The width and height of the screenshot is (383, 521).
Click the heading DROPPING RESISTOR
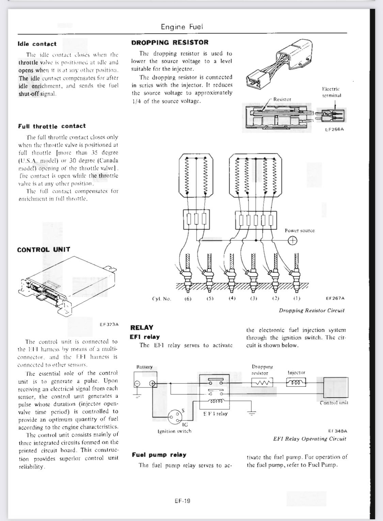pyautogui.click(x=170, y=43)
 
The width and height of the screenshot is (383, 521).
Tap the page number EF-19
pyautogui.click(x=181, y=501)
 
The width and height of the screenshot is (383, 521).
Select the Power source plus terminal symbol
pyautogui.click(x=292, y=241)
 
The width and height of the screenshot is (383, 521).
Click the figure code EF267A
pyautogui.click(x=335, y=298)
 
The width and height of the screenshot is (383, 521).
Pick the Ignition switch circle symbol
pyautogui.click(x=176, y=417)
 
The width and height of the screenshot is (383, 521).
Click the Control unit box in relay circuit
pyautogui.click(x=335, y=387)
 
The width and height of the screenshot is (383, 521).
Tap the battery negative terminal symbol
pyautogui.click(x=137, y=384)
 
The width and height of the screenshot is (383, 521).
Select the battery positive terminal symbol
pyautogui.click(x=153, y=384)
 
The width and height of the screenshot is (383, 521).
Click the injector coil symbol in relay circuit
pyautogui.click(x=296, y=383)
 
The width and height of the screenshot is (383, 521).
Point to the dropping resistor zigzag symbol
pyautogui.click(x=262, y=383)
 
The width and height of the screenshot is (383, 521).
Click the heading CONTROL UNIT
pyautogui.click(x=44, y=249)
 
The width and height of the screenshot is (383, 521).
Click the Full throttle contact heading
pyautogui.click(x=52, y=126)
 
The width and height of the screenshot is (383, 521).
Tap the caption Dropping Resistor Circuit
pyautogui.click(x=312, y=310)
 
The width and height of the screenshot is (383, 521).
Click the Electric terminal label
pyautogui.click(x=331, y=92)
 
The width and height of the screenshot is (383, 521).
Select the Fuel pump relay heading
pyautogui.click(x=159, y=455)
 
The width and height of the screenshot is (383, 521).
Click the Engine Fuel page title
pyautogui.click(x=182, y=27)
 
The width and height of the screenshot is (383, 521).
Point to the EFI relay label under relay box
pyautogui.click(x=215, y=414)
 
